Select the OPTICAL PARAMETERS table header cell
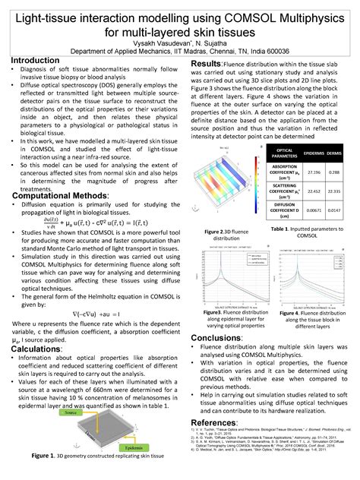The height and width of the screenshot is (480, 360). click(277, 153)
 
